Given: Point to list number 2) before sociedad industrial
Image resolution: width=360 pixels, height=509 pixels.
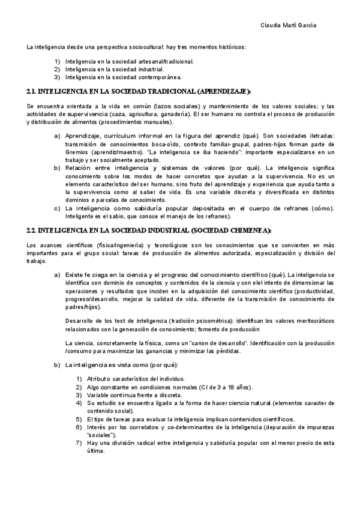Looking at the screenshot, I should point(58,69).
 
